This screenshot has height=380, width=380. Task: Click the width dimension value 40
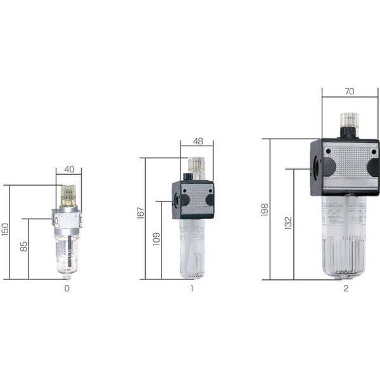69,169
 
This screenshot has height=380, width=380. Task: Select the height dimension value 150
5,229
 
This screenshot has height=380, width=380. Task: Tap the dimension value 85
24,246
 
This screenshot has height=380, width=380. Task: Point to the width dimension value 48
198,141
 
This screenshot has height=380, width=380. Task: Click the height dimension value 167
141,213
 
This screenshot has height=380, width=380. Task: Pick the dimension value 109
156,239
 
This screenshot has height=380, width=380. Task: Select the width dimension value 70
349,91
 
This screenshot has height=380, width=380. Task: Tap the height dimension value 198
265,210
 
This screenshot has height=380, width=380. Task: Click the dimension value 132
288,223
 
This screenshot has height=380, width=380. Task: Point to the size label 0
67,288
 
